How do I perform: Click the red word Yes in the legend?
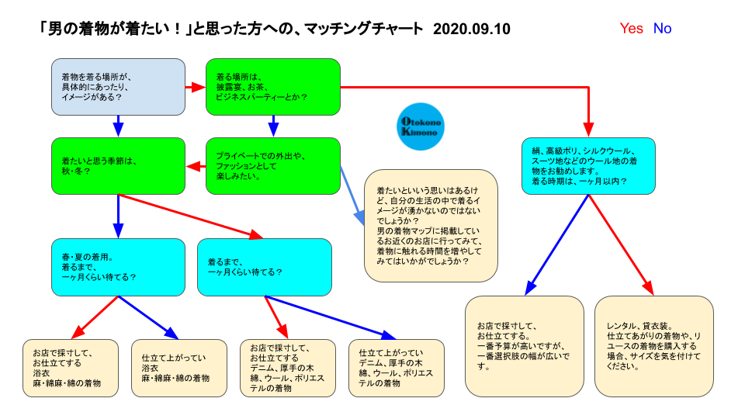coord(631,29)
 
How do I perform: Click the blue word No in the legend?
coord(662,29)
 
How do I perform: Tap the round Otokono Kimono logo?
coord(421,126)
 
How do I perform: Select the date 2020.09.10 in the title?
coord(472,29)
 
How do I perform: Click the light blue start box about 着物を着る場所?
coord(118,87)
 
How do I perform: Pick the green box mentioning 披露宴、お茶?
coord(273,87)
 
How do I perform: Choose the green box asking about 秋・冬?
coord(118,166)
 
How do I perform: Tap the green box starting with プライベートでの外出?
coord(273,166)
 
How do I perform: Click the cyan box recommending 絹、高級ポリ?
coord(589,166)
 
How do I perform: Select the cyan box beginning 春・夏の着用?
coord(118,268)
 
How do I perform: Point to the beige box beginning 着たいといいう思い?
coord(431,226)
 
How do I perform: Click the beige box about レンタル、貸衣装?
coord(654,346)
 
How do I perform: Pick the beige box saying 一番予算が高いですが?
coord(525,346)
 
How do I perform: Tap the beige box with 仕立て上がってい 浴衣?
coord(179,368)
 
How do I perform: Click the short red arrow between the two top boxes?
coord(196,88)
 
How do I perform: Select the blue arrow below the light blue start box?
coord(118,126)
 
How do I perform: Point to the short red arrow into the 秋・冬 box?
coord(196,167)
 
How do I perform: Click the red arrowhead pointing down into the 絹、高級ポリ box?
coord(589,130)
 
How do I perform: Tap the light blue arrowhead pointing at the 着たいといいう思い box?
coord(359,218)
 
